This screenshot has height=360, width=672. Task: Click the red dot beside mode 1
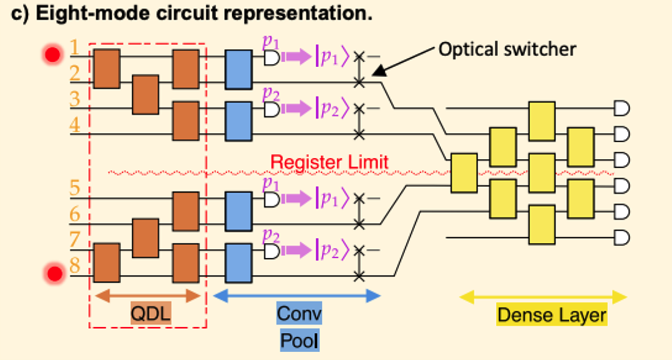coord(53,54)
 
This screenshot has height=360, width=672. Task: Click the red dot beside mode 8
coord(54,273)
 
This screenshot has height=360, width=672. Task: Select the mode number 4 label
coord(74,126)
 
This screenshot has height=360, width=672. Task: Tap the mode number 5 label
coord(74,188)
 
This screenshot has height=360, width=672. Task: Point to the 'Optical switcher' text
coord(507,49)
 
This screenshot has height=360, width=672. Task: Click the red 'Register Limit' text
coord(329,163)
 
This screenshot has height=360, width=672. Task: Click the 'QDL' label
coord(151,315)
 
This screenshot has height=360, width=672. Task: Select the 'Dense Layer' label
coord(551,315)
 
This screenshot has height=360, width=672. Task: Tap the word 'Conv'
coord(299,314)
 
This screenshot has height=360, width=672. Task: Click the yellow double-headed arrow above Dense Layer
coord(542,297)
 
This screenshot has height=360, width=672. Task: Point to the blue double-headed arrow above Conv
coord(297,296)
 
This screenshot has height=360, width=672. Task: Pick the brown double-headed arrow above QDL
coord(147,296)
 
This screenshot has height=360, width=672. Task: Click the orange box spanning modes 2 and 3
coord(145,95)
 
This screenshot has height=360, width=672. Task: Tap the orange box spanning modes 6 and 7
coord(145,238)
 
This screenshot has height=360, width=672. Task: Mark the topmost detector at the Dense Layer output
coord(621,108)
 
